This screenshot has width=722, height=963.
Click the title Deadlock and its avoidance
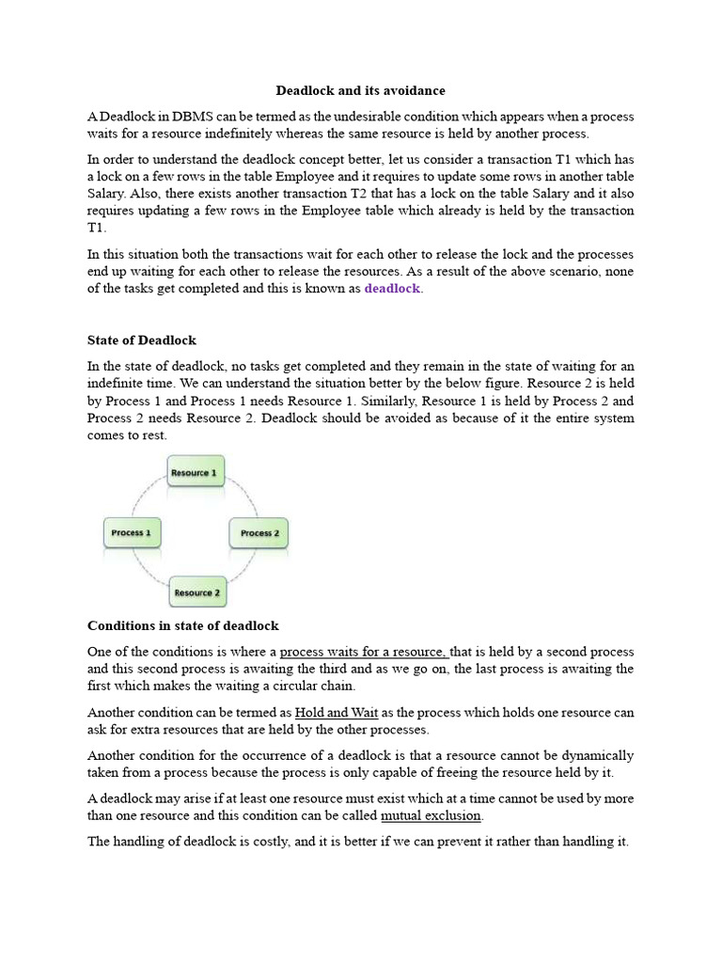point(360,91)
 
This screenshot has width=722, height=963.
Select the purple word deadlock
point(392,289)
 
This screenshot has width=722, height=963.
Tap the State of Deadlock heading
point(142,339)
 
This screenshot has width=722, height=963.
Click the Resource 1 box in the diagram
point(196,472)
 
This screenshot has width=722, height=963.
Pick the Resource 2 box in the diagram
point(197,592)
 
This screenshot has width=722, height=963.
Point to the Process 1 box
point(132,533)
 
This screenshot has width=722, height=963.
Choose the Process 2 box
point(259,533)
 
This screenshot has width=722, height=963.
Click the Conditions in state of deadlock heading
point(183,625)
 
